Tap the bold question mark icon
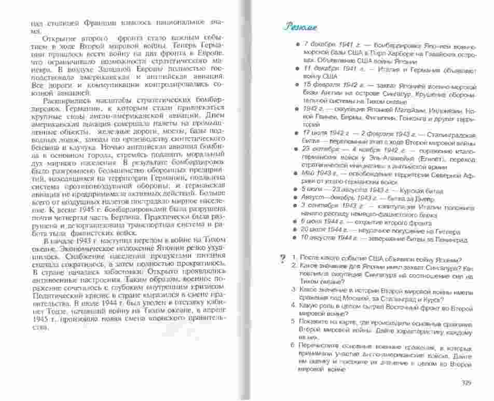tap(282, 258)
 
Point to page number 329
tap(465, 384)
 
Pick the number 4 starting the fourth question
tap(294, 307)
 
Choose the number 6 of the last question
tap(294, 346)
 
